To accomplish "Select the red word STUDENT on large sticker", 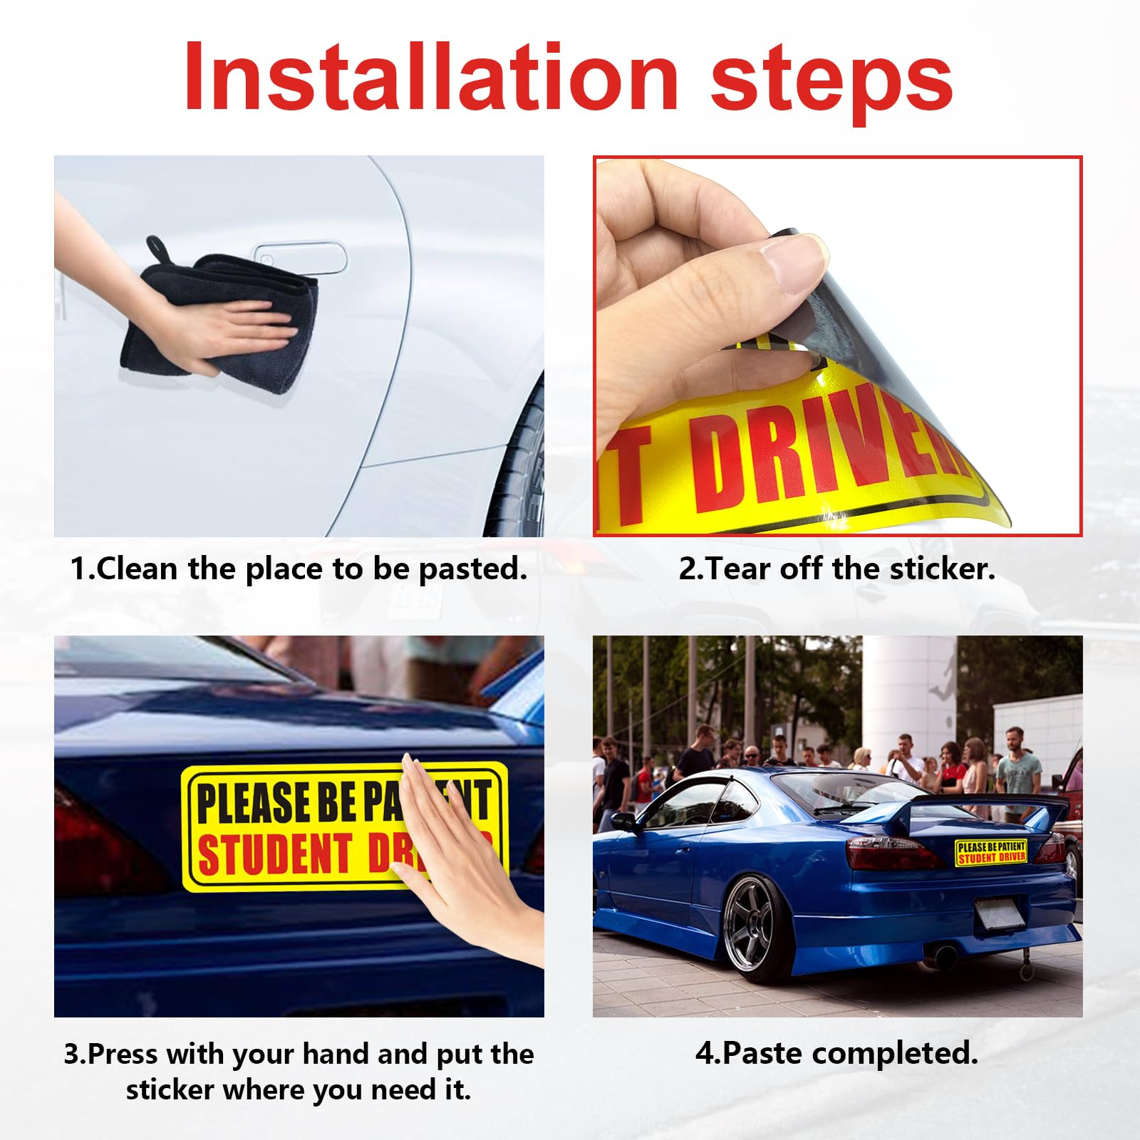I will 274,853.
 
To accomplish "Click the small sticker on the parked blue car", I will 991,852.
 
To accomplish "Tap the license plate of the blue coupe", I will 999,914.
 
